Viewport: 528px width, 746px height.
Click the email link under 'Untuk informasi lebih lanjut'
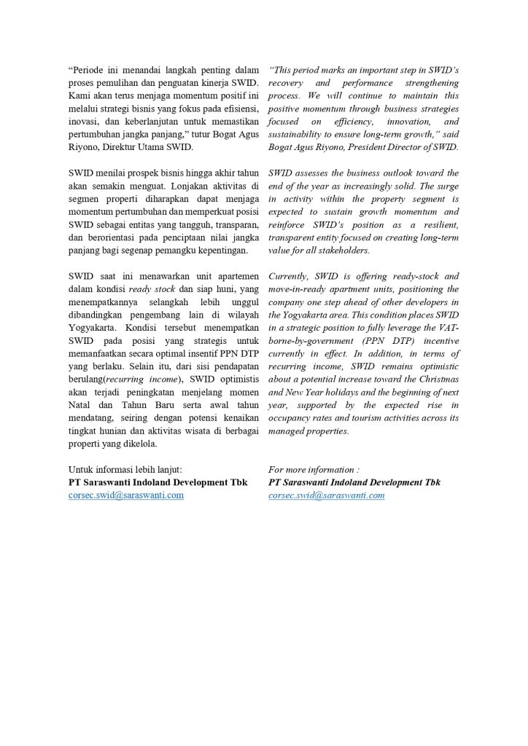(x=125, y=495)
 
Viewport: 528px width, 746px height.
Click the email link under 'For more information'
(x=326, y=495)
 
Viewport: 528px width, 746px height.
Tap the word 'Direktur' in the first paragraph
(x=136, y=147)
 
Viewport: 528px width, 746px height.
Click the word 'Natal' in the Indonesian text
(x=80, y=393)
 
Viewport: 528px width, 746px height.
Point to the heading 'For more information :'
(x=314, y=470)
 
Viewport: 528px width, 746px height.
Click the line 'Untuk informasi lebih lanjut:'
(x=125, y=470)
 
